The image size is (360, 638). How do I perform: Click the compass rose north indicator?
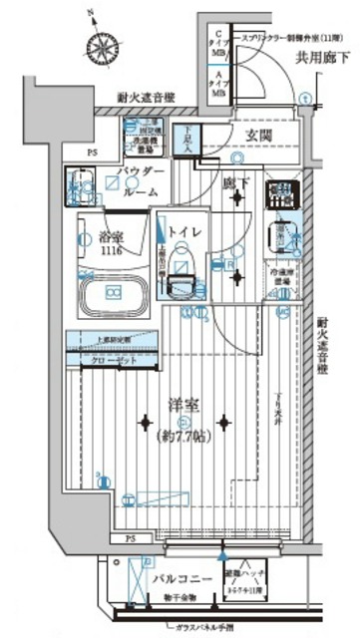coord(103,43)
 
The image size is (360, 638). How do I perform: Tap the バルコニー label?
coord(151,577)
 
